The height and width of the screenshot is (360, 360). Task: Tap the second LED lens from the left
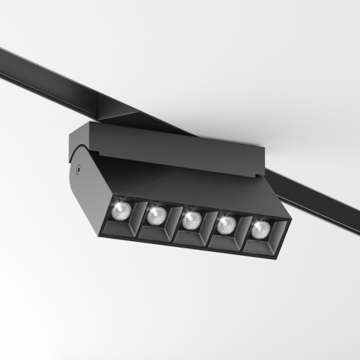156,215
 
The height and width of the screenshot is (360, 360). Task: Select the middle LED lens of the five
191,220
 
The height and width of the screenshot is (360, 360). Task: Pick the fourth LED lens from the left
225,225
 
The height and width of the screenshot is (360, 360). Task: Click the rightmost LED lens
258,229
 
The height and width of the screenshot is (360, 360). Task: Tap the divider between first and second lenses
138,216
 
